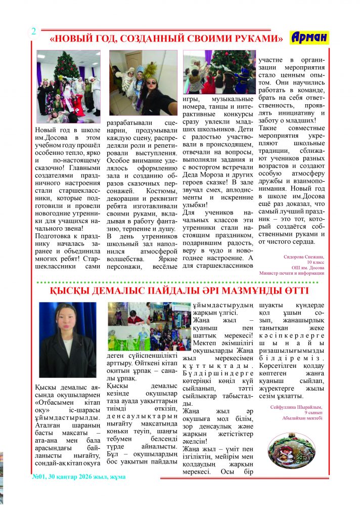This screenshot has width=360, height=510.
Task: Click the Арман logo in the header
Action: click(x=309, y=37)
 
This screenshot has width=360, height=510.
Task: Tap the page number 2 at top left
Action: click(x=33, y=31)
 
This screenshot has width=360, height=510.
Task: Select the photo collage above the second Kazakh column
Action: click(x=149, y=326)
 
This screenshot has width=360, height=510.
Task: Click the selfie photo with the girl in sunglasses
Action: click(x=143, y=82)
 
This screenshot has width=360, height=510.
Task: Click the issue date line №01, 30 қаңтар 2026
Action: click(x=79, y=477)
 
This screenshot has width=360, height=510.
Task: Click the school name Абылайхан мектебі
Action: click(x=299, y=418)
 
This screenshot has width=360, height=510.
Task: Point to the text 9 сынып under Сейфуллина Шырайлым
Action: click(x=311, y=412)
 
